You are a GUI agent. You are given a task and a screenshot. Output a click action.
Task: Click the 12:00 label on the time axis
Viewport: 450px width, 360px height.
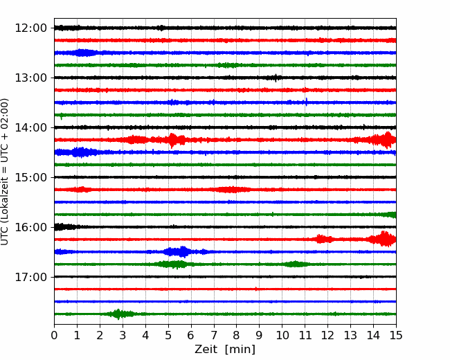click(30, 28)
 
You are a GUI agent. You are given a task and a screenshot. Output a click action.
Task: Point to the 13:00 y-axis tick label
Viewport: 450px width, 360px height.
click(30, 78)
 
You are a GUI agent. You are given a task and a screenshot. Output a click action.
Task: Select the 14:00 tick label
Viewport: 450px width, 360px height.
click(30, 127)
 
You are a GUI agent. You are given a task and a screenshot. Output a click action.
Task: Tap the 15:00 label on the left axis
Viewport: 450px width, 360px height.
click(30, 177)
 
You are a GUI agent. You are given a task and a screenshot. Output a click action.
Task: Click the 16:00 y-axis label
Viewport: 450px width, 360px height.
click(30, 227)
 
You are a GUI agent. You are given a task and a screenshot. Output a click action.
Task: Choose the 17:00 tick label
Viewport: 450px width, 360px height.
click(30, 277)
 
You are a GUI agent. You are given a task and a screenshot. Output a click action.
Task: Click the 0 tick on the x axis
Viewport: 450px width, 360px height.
click(54, 335)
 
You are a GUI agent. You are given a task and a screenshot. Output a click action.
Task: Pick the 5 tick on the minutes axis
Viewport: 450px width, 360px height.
click(168, 335)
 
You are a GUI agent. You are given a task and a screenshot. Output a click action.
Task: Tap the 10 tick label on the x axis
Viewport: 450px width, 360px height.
click(282, 335)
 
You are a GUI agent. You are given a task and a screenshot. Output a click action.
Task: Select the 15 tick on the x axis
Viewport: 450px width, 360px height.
click(396, 335)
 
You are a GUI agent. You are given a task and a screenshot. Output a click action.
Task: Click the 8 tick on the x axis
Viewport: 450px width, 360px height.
click(237, 335)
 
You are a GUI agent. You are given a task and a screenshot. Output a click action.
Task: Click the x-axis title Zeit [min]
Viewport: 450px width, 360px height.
click(225, 349)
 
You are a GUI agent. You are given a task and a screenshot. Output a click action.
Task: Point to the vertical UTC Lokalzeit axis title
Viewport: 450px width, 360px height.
click(5, 172)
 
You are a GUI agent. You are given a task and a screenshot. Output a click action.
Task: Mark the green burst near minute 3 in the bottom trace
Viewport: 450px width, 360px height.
click(119, 314)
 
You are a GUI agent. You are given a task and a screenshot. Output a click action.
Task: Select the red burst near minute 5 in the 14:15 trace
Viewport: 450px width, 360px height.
click(174, 140)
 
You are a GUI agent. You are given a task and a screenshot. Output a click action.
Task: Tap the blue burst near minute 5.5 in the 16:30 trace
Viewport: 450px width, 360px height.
click(178, 252)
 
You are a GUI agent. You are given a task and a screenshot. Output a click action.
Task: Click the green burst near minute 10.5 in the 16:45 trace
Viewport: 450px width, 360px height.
click(295, 264)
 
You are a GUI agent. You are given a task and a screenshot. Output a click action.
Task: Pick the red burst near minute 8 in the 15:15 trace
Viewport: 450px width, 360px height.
click(231, 190)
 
